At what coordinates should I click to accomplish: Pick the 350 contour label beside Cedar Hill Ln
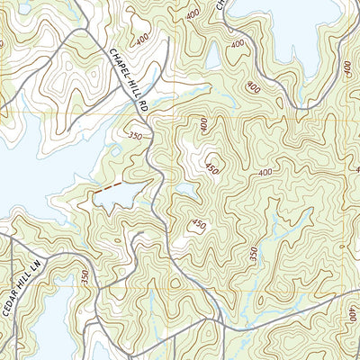[86, 279]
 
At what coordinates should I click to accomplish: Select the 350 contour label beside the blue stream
[255, 255]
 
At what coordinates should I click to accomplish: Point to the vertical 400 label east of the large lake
[347, 67]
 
